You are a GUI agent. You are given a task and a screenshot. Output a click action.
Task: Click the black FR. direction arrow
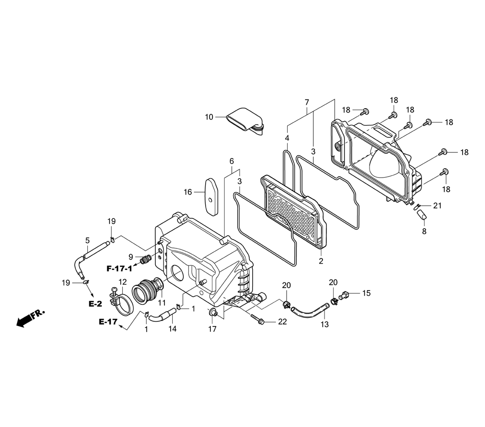coord(30,318)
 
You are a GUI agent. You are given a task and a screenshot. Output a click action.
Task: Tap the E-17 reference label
coord(108,322)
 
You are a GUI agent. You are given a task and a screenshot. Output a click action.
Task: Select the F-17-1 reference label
coord(119,269)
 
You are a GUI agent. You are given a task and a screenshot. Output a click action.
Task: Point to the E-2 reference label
coord(95,304)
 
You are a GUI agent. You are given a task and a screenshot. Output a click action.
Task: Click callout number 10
coord(209,117)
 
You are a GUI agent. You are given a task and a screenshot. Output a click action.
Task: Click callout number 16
coord(188,192)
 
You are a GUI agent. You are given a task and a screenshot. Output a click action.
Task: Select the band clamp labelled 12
coord(121,302)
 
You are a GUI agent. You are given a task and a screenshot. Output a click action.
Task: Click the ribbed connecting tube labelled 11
coord(147,290)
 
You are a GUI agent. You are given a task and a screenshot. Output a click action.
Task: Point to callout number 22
coord(282,322)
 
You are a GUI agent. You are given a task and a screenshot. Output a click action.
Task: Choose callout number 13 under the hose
coord(325,324)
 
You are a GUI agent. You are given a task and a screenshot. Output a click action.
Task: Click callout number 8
coord(424,231)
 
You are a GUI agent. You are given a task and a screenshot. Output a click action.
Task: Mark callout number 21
coord(437,205)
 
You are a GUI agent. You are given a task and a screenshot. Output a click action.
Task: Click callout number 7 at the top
coord(307,102)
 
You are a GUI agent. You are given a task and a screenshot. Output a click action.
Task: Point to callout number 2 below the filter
coord(321,261)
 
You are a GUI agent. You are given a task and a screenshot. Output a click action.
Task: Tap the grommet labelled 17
coord(212,312)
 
